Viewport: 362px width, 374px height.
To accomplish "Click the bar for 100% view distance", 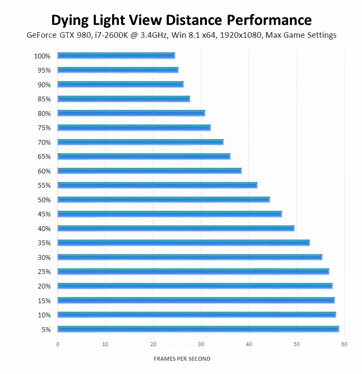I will [x=116, y=55].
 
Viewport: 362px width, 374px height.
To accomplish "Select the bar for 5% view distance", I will [x=198, y=329].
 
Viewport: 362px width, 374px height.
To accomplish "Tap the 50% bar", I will [x=163, y=199].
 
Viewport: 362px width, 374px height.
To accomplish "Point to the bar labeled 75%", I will [x=134, y=128].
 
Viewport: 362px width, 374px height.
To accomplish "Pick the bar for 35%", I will [x=183, y=243].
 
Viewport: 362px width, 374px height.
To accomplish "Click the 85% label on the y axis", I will [x=44, y=99].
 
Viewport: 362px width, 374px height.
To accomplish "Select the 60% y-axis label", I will [x=44, y=171].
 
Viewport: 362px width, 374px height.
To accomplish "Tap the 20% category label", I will [x=44, y=286].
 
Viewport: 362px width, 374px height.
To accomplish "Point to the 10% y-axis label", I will [x=44, y=315].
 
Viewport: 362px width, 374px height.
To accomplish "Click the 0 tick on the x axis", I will [x=58, y=344].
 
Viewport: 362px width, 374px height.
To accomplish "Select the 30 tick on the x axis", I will [x=201, y=344].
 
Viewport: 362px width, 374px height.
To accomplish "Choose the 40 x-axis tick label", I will [x=249, y=344].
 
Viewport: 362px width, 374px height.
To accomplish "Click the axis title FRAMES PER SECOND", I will [x=182, y=359].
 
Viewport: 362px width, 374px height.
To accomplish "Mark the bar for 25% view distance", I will [x=193, y=271].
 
